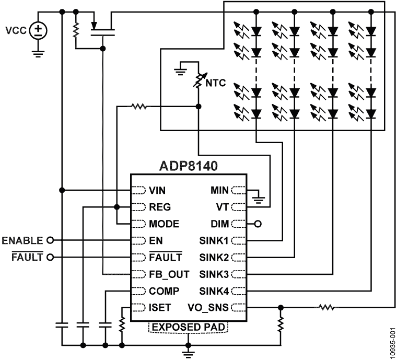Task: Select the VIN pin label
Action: click(x=158, y=190)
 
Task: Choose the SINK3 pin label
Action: click(x=214, y=274)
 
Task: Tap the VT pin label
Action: click(x=222, y=206)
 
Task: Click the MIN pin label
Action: click(x=219, y=190)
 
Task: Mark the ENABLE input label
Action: click(x=22, y=240)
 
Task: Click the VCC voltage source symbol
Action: click(x=37, y=31)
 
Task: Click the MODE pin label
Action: click(x=164, y=224)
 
